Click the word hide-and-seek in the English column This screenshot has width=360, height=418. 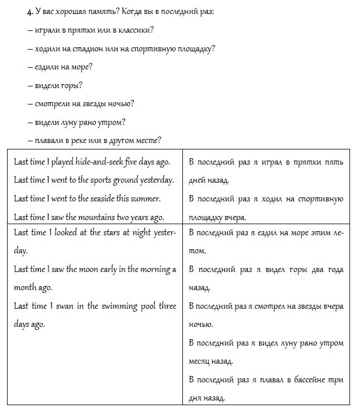(96, 161)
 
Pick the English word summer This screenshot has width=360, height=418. (148, 198)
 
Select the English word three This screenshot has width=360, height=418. (166, 306)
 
